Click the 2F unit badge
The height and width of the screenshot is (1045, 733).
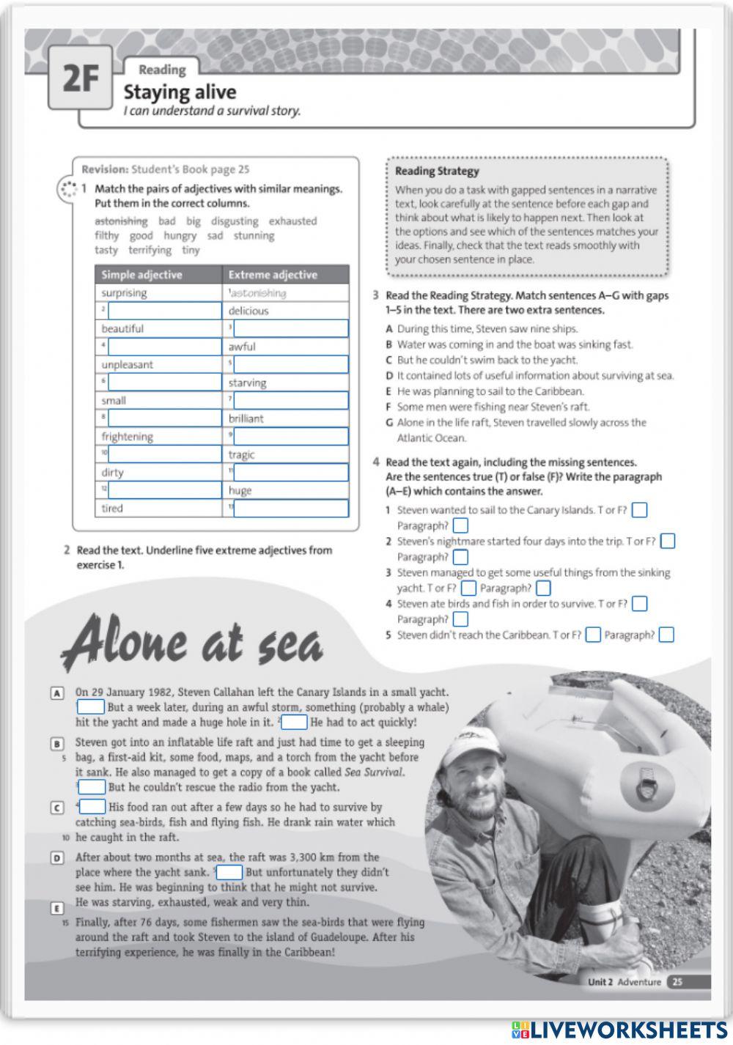pos(80,78)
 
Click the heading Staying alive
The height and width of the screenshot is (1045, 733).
pos(180,92)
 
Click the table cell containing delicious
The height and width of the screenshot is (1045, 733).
pos(285,311)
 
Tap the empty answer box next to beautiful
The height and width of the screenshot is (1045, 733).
pos(290,328)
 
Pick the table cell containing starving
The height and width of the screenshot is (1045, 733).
pos(285,383)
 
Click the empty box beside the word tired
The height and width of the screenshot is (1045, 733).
pos(291,508)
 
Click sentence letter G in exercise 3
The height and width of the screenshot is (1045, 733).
pos(389,423)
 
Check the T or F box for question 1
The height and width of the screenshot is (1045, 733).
pos(639,510)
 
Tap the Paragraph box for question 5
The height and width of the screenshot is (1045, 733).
pos(666,635)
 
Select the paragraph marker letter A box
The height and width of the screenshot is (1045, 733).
pos(57,693)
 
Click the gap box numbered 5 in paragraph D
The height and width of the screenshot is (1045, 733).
pos(229,872)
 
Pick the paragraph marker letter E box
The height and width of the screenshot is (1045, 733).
pos(57,909)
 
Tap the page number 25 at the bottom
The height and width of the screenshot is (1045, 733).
pos(677,982)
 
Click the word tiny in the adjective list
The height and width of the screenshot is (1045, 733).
pos(191,250)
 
